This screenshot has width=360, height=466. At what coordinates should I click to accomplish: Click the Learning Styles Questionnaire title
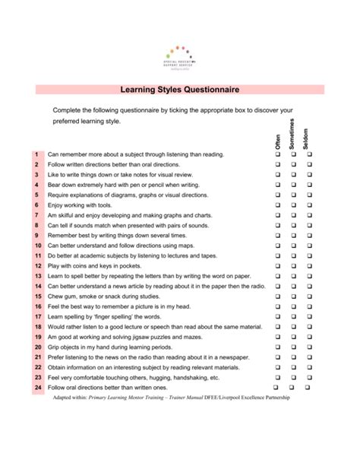[x=180, y=90]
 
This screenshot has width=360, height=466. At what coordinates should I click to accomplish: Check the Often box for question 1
[x=277, y=154]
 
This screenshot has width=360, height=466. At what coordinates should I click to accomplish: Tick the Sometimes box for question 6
[x=293, y=205]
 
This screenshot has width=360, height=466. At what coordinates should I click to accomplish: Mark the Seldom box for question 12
[x=309, y=266]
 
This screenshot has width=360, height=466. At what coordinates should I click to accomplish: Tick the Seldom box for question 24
[x=309, y=387]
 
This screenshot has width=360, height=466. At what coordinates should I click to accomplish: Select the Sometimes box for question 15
[x=293, y=296]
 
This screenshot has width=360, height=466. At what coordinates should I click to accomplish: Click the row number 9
[x=36, y=236]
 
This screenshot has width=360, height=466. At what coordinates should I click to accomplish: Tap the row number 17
[x=36, y=316]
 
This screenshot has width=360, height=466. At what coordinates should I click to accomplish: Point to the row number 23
[x=36, y=377]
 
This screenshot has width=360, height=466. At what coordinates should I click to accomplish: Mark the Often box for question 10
[x=277, y=246]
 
